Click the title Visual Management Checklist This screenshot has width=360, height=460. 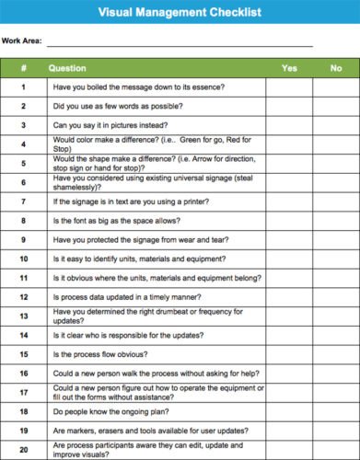[180, 13]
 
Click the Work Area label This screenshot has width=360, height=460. [22, 41]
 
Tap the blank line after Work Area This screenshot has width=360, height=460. [180, 43]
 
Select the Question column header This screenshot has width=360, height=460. [67, 68]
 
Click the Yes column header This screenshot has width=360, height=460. [289, 68]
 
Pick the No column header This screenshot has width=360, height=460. [335, 68]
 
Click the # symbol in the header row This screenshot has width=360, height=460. [23, 68]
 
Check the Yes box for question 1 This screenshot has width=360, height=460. [289, 87]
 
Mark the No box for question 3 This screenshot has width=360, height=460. [335, 125]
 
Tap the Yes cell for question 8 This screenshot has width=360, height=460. [289, 221]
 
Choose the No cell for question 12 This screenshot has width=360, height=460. [335, 297]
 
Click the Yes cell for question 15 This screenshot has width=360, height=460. [289, 354]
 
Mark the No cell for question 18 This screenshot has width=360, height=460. [335, 411]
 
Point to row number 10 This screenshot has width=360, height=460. [23, 259]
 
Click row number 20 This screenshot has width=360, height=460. [23, 450]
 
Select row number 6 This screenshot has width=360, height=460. [23, 182]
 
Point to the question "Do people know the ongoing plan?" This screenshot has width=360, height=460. [110, 411]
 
